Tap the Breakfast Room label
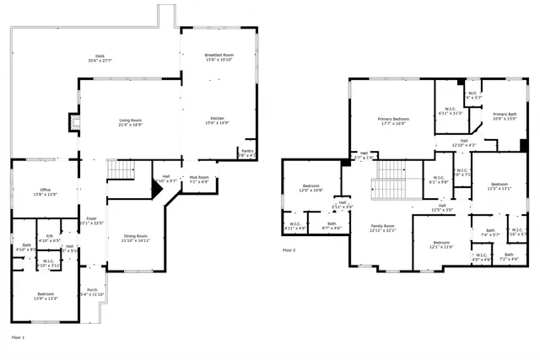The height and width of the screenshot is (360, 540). tap(217, 56)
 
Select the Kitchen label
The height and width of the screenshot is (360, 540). tap(217, 120)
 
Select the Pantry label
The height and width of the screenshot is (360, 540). tap(247, 153)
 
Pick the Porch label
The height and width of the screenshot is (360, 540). tap(91, 292)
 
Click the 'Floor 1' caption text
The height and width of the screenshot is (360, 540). tap(18, 336)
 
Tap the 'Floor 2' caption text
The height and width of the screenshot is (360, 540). tap(289, 250)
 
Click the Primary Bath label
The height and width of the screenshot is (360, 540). tap(505, 116)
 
